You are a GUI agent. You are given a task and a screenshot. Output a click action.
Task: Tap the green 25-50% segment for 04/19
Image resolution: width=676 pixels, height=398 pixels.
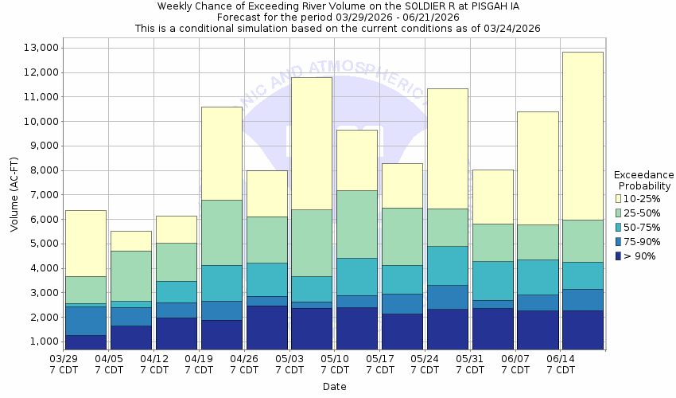[x=221, y=232]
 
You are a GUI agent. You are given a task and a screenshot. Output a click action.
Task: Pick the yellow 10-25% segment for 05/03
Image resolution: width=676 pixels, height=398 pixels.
[x=311, y=143]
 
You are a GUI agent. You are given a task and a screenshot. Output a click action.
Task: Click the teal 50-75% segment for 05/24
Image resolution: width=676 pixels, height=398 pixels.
[x=447, y=265]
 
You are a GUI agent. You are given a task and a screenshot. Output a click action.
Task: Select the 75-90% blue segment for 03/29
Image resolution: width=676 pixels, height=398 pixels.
[x=85, y=321]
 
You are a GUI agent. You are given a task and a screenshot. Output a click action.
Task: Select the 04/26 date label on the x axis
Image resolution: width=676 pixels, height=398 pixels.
[x=245, y=365]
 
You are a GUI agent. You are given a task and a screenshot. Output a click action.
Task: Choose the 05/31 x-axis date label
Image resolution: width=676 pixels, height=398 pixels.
[x=471, y=365]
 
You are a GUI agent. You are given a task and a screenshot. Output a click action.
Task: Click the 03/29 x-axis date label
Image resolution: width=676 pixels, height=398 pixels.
[x=64, y=365]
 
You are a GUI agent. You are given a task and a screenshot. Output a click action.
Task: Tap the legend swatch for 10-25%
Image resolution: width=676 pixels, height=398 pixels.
[x=618, y=197]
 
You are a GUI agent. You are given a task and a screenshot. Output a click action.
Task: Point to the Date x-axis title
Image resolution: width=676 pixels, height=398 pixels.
[x=334, y=387]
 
